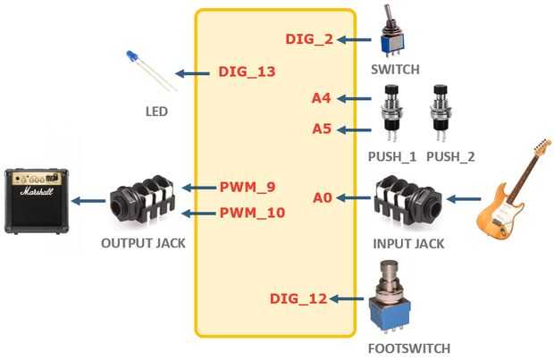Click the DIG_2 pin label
309,39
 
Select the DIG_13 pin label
247,71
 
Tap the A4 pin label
321,98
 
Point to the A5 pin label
322,129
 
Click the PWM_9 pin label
248,187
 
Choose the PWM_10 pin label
252,213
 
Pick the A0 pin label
323,197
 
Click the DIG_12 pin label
298,299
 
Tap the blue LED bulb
131,56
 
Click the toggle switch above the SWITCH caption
392,31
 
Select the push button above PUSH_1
391,112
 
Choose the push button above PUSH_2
441,112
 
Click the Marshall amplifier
37,201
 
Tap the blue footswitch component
390,297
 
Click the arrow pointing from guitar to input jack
464,199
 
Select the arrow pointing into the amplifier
88,201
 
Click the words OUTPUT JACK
143,243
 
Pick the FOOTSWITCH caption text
409,348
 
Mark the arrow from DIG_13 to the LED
192,73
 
